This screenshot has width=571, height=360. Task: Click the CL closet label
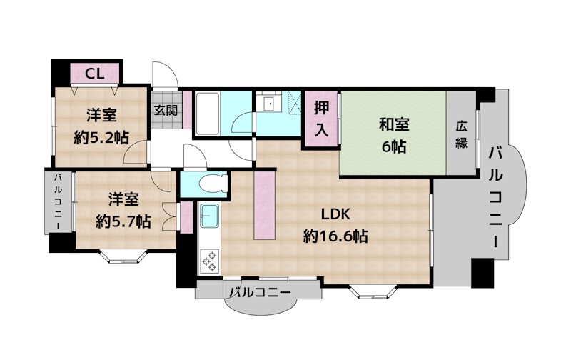[x=95, y=74]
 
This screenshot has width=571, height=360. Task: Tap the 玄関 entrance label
[x=166, y=110]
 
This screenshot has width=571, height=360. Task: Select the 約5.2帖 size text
[x=101, y=138]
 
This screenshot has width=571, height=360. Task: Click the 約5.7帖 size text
[x=123, y=221]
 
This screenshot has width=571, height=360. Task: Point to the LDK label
[x=335, y=214]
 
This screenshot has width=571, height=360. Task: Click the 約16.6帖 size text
[x=335, y=237]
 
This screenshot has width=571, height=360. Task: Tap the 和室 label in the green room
[x=394, y=124]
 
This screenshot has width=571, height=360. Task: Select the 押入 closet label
[x=321, y=119]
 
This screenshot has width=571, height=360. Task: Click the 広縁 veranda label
[x=461, y=135]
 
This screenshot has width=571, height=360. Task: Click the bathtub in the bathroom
[x=207, y=114]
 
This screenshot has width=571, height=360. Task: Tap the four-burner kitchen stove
[x=209, y=261]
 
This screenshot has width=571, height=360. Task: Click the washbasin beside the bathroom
[x=269, y=102]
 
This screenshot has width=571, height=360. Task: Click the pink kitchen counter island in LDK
[x=264, y=205]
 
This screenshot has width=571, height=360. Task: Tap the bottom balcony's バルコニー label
[x=261, y=292]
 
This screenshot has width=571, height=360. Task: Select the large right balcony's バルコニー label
[x=495, y=197]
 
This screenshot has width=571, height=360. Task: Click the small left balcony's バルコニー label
[x=58, y=201]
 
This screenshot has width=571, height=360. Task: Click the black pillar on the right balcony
[x=482, y=273]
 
